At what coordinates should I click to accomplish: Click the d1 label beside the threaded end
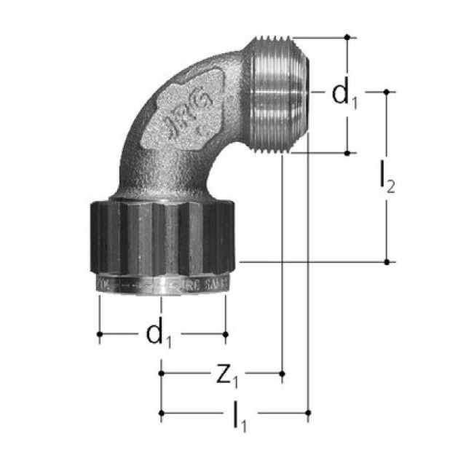(x=344, y=95)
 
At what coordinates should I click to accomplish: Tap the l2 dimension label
(x=387, y=179)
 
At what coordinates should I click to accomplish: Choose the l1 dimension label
(x=238, y=415)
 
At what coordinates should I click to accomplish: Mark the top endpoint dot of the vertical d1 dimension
(x=348, y=36)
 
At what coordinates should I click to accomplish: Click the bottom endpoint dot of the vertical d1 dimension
(x=348, y=153)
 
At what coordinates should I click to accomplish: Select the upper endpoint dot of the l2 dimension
(x=387, y=92)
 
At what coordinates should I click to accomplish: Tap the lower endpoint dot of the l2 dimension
(x=387, y=261)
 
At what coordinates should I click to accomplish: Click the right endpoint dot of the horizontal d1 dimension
(x=226, y=334)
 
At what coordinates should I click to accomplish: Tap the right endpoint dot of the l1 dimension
(x=308, y=414)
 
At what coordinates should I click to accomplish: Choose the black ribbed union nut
(x=164, y=237)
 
